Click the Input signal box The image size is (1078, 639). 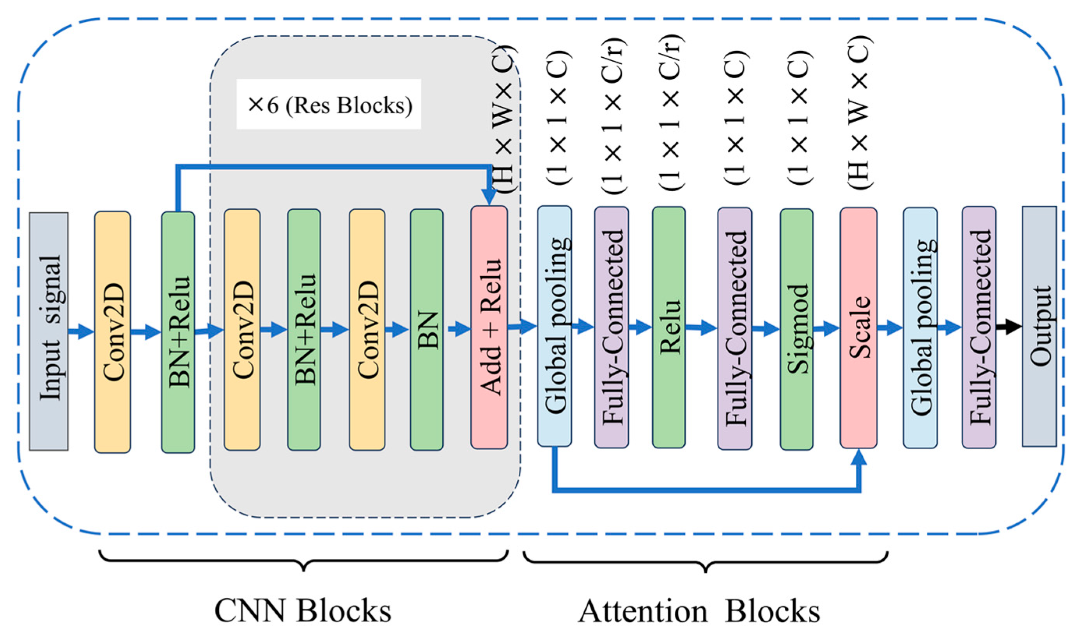(x=49, y=331)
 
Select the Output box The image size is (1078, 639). (x=1039, y=326)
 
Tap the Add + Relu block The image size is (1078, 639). (x=489, y=327)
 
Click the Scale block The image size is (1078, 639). (x=858, y=328)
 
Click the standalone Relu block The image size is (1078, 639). (x=668, y=327)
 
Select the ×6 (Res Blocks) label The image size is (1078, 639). (x=329, y=105)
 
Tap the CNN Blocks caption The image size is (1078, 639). (x=303, y=611)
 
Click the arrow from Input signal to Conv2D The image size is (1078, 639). (x=82, y=331)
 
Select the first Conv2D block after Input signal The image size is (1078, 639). (x=112, y=332)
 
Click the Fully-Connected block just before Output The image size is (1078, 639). (x=979, y=327)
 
